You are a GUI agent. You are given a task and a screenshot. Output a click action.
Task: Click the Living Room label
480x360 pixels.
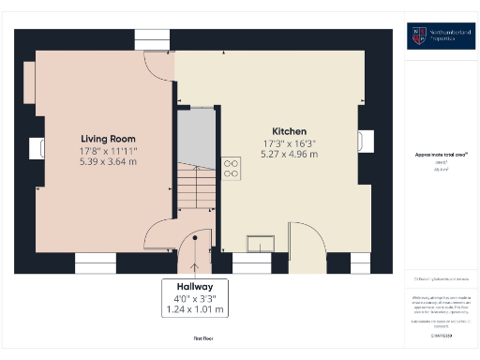click(x=101, y=138)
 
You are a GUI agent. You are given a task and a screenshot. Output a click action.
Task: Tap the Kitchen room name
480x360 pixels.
click(x=289, y=130)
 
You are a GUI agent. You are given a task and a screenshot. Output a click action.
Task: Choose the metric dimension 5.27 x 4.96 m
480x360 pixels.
click(x=289, y=154)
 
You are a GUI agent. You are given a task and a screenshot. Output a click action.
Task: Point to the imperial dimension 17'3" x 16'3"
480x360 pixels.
click(x=289, y=142)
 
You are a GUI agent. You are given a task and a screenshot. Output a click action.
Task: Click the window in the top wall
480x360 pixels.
click(x=152, y=38)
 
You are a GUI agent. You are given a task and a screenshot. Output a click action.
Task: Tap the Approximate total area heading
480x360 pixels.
click(x=442, y=154)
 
